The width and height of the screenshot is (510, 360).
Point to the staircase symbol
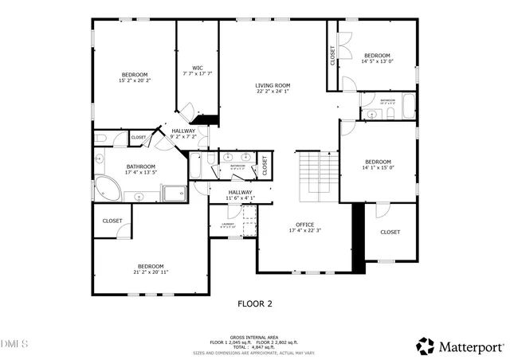click(317, 177)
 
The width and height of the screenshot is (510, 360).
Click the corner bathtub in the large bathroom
click(107, 190)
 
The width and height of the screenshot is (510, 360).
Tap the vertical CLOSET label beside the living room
click(332, 55)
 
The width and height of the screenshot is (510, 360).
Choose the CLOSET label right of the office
click(390, 232)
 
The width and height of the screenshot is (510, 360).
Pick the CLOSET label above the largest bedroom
click(112, 221)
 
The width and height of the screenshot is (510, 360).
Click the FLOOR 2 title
click(255, 303)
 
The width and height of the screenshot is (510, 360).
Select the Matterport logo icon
click(426, 346)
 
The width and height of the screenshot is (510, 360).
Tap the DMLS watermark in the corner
click(14, 344)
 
